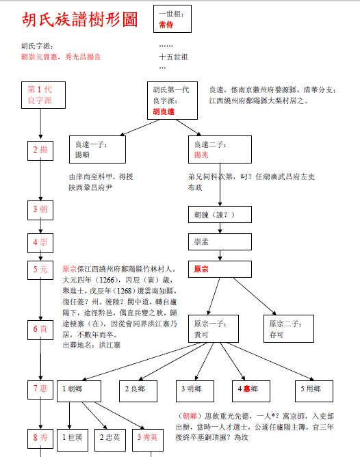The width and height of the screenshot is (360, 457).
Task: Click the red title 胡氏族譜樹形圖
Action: coord(79,20)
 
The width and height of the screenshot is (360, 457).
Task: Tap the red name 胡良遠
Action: coord(164,112)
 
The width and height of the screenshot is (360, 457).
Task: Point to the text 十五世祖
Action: coord(173,57)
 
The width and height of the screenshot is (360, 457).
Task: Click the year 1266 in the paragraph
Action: coord(107,280)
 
